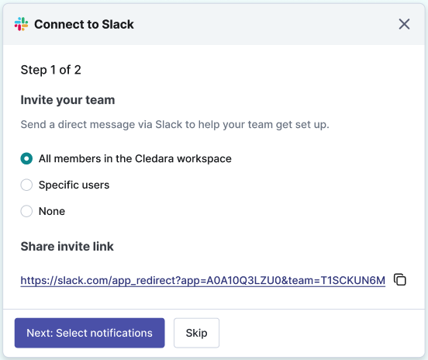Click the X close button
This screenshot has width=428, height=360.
click(x=404, y=24)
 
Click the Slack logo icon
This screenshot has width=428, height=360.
click(x=21, y=24)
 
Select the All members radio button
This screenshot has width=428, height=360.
click(x=26, y=159)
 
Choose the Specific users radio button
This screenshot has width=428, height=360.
click(x=26, y=185)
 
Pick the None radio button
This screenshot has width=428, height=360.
click(x=26, y=211)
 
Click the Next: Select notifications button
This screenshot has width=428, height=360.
click(x=89, y=333)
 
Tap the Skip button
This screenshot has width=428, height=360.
click(x=196, y=333)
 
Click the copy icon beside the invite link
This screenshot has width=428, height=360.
click(x=400, y=279)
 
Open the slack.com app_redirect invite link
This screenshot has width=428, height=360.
click(x=203, y=281)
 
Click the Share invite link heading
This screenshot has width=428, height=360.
click(x=67, y=247)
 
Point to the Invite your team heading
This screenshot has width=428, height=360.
click(x=67, y=100)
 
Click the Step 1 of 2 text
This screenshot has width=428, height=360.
click(x=50, y=70)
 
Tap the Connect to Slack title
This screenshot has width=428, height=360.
click(x=84, y=24)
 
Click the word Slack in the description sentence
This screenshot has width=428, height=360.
click(x=169, y=125)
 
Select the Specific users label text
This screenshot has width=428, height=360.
click(x=74, y=185)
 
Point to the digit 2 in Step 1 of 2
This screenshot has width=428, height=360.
click(x=78, y=70)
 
